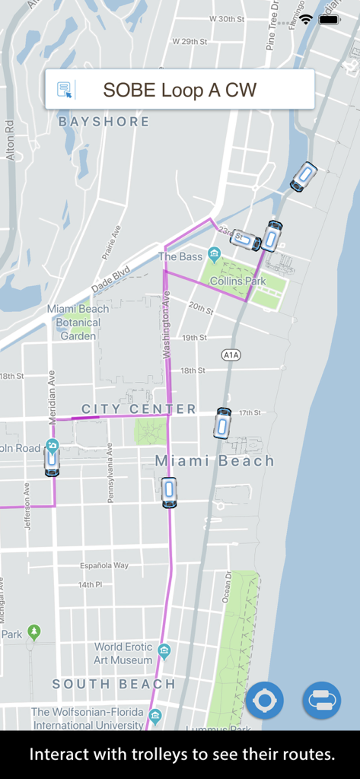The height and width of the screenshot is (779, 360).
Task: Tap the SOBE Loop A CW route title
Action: tap(180, 90)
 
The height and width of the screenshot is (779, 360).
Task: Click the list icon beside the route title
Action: tap(65, 90)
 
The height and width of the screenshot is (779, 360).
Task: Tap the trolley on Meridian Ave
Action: tap(52, 458)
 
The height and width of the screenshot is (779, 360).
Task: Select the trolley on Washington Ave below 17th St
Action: tap(169, 492)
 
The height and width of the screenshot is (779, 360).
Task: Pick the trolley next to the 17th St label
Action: tap(222, 423)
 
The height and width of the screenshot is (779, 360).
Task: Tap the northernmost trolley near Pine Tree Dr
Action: tap(304, 176)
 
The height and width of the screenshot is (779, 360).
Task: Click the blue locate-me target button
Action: tap(264, 700)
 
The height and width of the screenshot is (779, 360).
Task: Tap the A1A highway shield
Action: tap(231, 355)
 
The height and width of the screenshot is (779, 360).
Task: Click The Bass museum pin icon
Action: tap(215, 254)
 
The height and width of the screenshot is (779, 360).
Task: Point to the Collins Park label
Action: tap(237, 281)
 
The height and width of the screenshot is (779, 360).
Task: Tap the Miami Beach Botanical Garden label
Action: tap(78, 322)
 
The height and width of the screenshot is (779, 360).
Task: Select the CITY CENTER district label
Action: tap(139, 409)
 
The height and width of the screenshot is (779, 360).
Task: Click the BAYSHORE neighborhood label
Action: tap(104, 122)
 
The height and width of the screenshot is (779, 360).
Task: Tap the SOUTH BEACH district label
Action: tap(114, 685)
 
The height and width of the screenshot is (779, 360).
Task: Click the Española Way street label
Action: tap(104, 566)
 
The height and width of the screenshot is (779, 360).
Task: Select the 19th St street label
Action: tap(194, 337)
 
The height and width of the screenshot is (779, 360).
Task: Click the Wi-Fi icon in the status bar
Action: tap(306, 19)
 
